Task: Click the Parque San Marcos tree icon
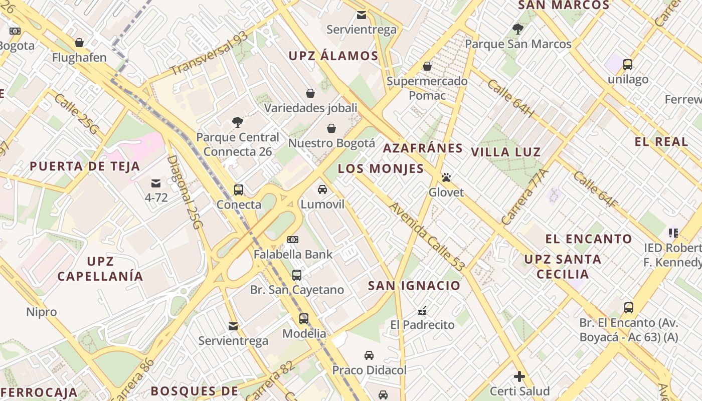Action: [x=518, y=29]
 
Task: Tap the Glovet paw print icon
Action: [x=446, y=177]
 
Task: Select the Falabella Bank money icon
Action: [x=293, y=240]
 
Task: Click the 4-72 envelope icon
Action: [x=156, y=183]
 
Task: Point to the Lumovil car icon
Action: [x=322, y=189]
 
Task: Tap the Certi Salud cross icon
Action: [x=519, y=376]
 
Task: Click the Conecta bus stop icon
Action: [x=239, y=190]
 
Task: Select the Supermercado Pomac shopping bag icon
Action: [x=427, y=66]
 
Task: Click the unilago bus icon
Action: [x=628, y=64]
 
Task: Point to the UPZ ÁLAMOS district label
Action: [x=333, y=56]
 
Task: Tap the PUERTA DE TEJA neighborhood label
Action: [x=85, y=166]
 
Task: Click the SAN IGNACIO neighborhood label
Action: [x=414, y=286]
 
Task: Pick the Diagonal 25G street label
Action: [x=184, y=192]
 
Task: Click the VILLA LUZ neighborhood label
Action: [x=506, y=152]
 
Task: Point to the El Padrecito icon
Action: [x=422, y=310]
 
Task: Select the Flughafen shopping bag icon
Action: [x=79, y=43]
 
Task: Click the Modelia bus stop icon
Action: [x=304, y=319]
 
